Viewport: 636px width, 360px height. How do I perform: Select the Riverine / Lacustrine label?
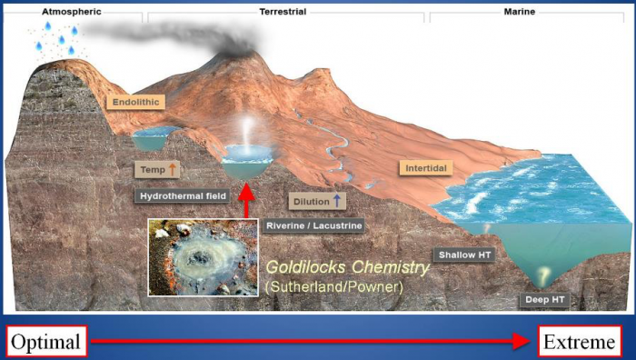[x=302, y=225]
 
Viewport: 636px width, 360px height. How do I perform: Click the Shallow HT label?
[x=464, y=255]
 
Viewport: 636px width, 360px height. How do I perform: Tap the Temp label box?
[x=157, y=169]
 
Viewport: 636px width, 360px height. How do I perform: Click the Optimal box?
[x=45, y=342]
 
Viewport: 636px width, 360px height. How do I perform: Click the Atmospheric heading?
[x=70, y=12]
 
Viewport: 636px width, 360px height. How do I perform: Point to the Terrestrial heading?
[x=284, y=12]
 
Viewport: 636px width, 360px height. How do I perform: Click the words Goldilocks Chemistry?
[x=346, y=268]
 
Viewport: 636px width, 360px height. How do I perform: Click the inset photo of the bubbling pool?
[x=203, y=257]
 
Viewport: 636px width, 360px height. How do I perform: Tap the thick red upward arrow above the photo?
[x=244, y=198]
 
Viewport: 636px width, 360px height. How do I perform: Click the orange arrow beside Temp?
[x=173, y=168]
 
